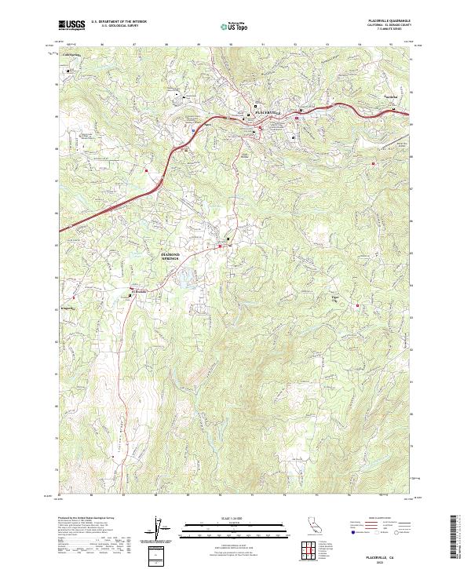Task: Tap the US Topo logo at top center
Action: [235, 26]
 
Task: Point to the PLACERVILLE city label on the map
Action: [268, 114]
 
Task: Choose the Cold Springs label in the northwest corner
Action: [72, 55]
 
